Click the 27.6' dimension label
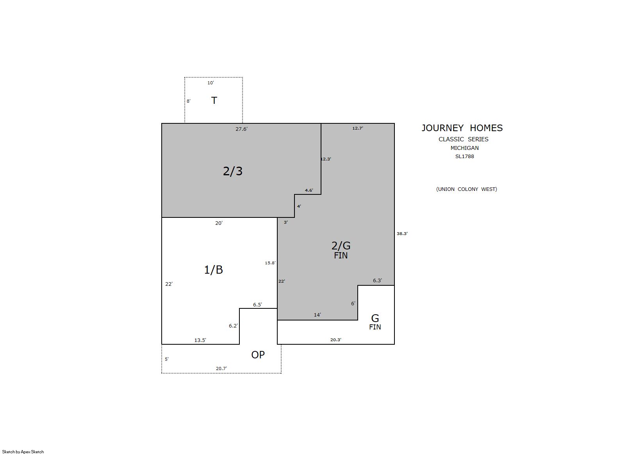pos(241,129)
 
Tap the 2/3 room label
pos(233,171)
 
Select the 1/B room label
pos(213,270)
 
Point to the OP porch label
pos(258,354)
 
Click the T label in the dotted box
pos(214,100)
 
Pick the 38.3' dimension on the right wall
pos(402,233)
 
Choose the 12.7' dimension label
pos(358,128)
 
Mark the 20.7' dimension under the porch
pos(221,369)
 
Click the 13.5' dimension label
pos(200,340)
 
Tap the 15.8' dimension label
pos(270,263)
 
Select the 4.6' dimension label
pos(309,190)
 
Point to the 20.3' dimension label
pos(336,340)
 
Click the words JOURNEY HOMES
pos(462,128)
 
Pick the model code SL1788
pos(464,156)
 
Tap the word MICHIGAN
pos(464,148)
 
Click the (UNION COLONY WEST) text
pos(466,189)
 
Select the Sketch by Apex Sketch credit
pos(23,452)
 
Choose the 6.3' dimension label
pos(378,281)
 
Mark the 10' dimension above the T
pos(210,83)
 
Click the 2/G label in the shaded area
pos(341,246)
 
